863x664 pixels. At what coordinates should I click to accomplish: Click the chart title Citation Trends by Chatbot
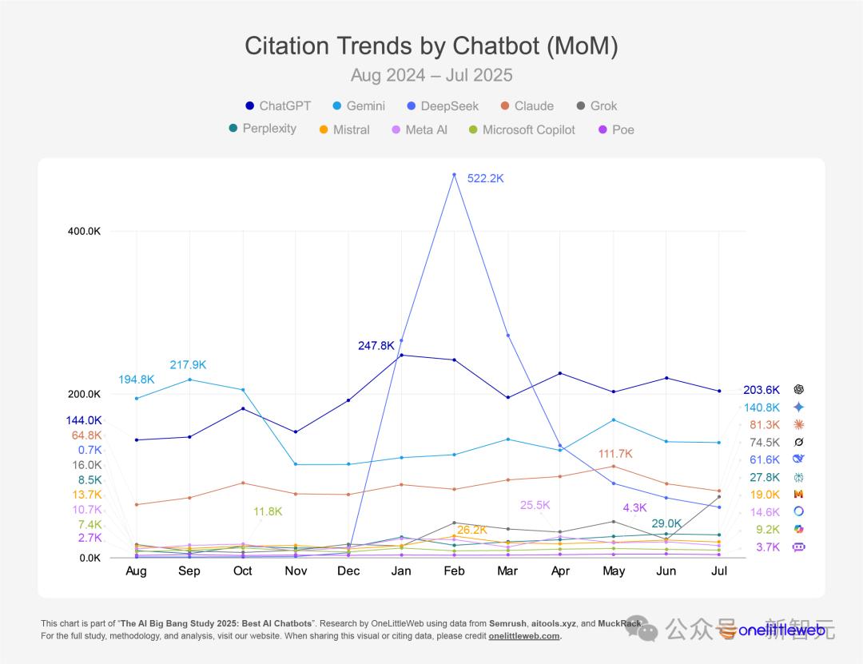pyautogui.click(x=431, y=46)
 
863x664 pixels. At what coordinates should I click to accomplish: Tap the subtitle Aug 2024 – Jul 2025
pyautogui.click(x=431, y=76)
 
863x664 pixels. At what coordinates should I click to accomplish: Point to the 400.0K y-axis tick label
pyautogui.click(x=83, y=231)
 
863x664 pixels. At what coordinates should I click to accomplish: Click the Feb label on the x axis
pyautogui.click(x=454, y=571)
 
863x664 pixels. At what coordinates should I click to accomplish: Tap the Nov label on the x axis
pyautogui.click(x=296, y=571)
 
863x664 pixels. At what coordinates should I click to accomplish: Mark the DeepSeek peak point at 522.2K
pyautogui.click(x=454, y=174)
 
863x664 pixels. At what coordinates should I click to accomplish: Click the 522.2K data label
pyautogui.click(x=486, y=179)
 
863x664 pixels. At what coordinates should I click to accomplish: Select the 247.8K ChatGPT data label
pyautogui.click(x=376, y=346)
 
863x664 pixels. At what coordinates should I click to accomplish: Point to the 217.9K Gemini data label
pyautogui.click(x=188, y=365)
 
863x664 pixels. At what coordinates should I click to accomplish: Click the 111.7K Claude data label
pyautogui.click(x=615, y=454)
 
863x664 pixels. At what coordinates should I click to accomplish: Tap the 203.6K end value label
pyautogui.click(x=762, y=390)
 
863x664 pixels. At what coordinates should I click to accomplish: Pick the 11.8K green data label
pyautogui.click(x=268, y=511)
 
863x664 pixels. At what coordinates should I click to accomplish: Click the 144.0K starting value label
pyautogui.click(x=84, y=420)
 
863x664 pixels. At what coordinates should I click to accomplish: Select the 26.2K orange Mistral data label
pyautogui.click(x=472, y=530)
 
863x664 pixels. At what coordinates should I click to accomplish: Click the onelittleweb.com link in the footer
pyautogui.click(x=524, y=637)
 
